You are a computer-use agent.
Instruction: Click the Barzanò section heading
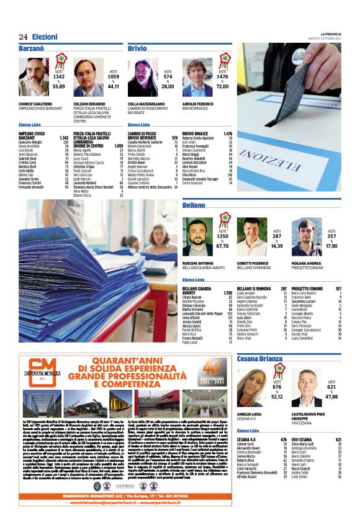(31, 48)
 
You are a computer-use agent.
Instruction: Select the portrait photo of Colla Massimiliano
(143, 78)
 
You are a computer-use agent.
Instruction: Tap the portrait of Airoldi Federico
(197, 78)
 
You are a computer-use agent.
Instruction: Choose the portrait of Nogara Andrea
(307, 236)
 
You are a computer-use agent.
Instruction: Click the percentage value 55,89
(58, 87)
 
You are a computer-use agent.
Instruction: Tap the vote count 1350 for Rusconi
(222, 236)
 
